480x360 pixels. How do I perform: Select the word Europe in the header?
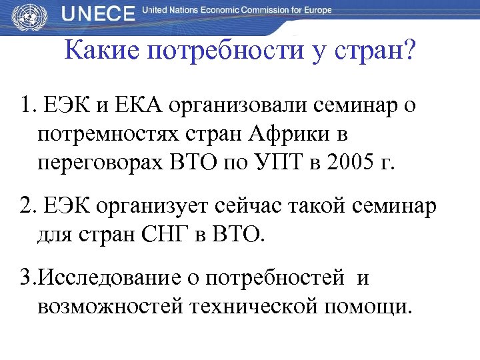[313, 11]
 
